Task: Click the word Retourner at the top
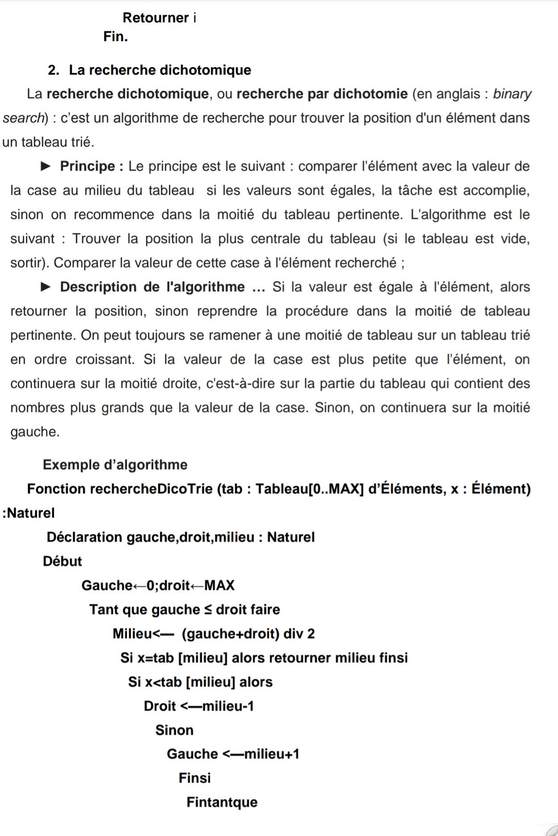[155, 18]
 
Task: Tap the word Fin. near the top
[115, 37]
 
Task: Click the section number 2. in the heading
[53, 70]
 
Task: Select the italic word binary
[512, 94]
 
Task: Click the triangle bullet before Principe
[46, 166]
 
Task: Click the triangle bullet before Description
[46, 287]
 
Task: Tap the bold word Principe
[88, 166]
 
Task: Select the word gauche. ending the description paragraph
[35, 432]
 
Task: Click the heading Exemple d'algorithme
[115, 465]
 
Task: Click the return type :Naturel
[29, 513]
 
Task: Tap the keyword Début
[62, 561]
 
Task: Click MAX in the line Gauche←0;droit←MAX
[219, 585]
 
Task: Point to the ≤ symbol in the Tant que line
[208, 609]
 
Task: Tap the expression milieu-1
[228, 706]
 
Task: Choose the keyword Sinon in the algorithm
[174, 730]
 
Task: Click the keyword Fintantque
[222, 802]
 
